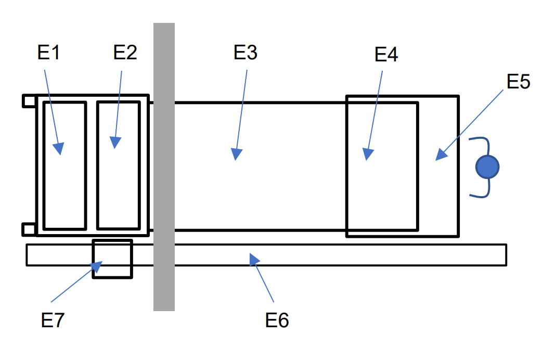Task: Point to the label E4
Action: tap(386, 54)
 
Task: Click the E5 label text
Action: tap(518, 82)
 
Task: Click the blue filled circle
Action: tap(487, 167)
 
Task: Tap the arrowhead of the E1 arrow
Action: tap(60, 149)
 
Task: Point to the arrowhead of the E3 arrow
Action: tap(237, 155)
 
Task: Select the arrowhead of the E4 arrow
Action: tap(368, 155)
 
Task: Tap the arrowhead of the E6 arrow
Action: tap(253, 258)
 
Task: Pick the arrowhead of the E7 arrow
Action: tap(96, 267)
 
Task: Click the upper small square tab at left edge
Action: tap(29, 101)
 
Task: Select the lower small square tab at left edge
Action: tap(29, 229)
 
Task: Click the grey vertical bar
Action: tap(164, 166)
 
